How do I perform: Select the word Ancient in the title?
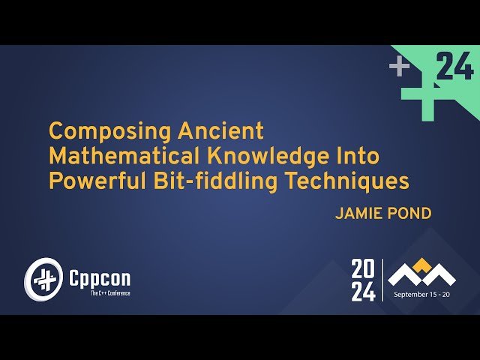(221, 131)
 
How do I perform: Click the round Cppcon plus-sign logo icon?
(42, 279)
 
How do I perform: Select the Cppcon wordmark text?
(99, 278)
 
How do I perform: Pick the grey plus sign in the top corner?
(399, 67)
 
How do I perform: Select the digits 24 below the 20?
(364, 291)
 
